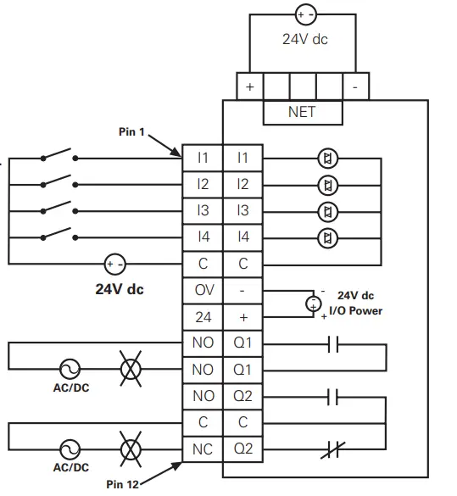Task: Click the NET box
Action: pos(302,112)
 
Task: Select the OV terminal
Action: pos(203,290)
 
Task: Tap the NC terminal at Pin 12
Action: pos(203,449)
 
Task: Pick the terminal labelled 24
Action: pos(203,316)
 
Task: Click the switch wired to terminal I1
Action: pos(59,158)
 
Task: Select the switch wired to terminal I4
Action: pos(59,237)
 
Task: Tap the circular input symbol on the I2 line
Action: pos(326,185)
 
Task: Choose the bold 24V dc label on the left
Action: pos(119,289)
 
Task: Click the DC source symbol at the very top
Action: pos(303,14)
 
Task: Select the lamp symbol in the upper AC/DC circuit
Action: pos(131,369)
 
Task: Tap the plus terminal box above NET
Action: pos(249,86)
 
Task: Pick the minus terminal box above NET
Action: pos(355,86)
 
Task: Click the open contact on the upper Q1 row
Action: pos(332,343)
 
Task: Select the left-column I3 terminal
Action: pos(203,210)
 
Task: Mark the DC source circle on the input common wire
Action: pos(114,264)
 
